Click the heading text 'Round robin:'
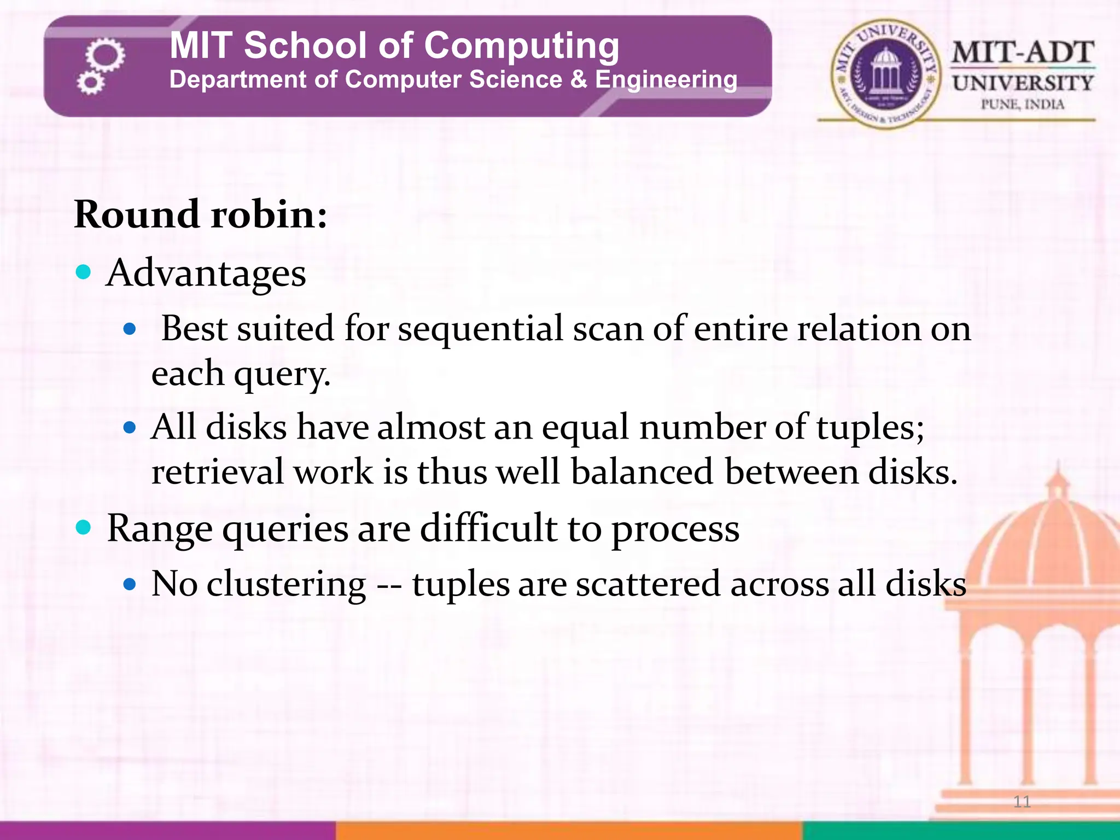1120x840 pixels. pyautogui.click(x=201, y=214)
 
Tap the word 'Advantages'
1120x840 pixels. pyautogui.click(x=206, y=273)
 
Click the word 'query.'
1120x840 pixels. pyautogui.click(x=282, y=375)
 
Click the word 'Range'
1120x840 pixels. pyautogui.click(x=160, y=529)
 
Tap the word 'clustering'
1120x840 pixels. pyautogui.click(x=286, y=584)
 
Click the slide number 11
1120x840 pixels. pyautogui.click(x=1022, y=802)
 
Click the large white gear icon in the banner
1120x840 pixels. pyautogui.click(x=105, y=55)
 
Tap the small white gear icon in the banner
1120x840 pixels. pyautogui.click(x=90, y=83)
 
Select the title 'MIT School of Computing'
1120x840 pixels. pyautogui.click(x=394, y=45)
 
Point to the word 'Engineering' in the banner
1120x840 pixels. pyautogui.click(x=666, y=80)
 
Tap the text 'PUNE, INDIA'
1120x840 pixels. pyautogui.click(x=1022, y=104)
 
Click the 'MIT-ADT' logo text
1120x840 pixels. pyautogui.click(x=1023, y=53)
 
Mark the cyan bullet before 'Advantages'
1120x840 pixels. pyautogui.click(x=83, y=272)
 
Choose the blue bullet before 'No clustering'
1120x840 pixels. pyautogui.click(x=130, y=585)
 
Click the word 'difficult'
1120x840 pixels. pyautogui.click(x=488, y=529)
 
